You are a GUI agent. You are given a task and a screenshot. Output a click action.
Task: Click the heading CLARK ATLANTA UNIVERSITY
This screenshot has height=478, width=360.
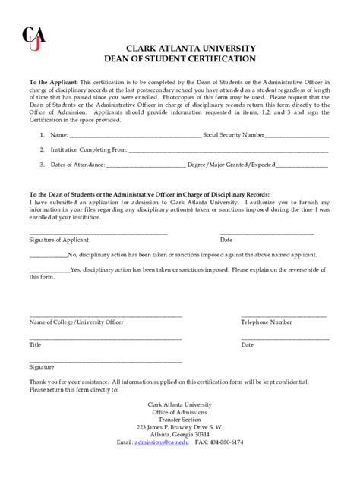click(180, 48)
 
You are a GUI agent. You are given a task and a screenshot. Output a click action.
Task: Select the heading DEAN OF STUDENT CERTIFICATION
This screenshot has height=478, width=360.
click(180, 58)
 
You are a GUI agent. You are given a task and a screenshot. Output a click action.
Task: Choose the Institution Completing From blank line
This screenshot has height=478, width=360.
click(229, 151)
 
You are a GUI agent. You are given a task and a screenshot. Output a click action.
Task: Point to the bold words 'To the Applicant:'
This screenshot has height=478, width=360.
click(53, 80)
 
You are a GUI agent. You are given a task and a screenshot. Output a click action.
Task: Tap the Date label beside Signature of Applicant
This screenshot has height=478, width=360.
click(248, 240)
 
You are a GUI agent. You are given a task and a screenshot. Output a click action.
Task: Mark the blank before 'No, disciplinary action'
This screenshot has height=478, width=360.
click(48, 256)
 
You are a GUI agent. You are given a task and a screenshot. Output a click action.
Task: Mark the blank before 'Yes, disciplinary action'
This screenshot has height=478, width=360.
click(49, 270)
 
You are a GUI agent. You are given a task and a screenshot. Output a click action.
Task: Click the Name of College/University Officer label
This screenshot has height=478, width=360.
click(76, 322)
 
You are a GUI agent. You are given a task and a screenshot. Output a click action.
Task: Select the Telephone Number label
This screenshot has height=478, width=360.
click(267, 322)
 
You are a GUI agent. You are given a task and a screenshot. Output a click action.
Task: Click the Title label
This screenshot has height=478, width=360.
click(35, 344)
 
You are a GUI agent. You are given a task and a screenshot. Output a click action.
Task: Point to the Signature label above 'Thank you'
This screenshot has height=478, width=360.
click(42, 366)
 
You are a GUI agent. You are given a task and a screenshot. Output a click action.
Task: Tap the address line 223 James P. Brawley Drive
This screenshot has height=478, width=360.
click(180, 427)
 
